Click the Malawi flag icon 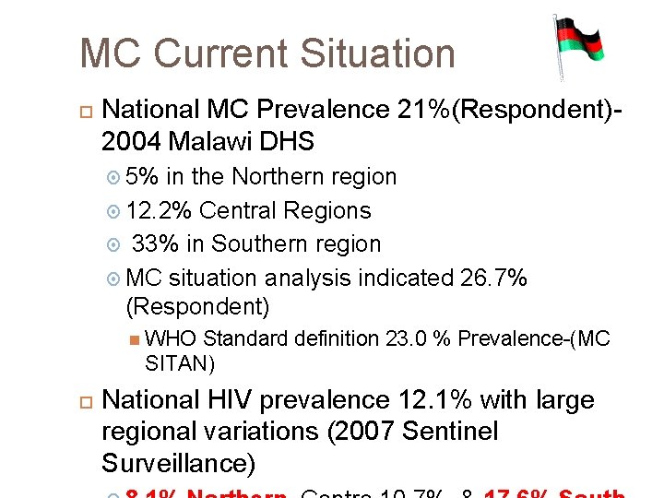(578, 46)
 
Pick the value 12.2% (159, 210)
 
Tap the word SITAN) (180, 363)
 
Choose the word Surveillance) (178, 463)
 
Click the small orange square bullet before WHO (135, 338)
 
